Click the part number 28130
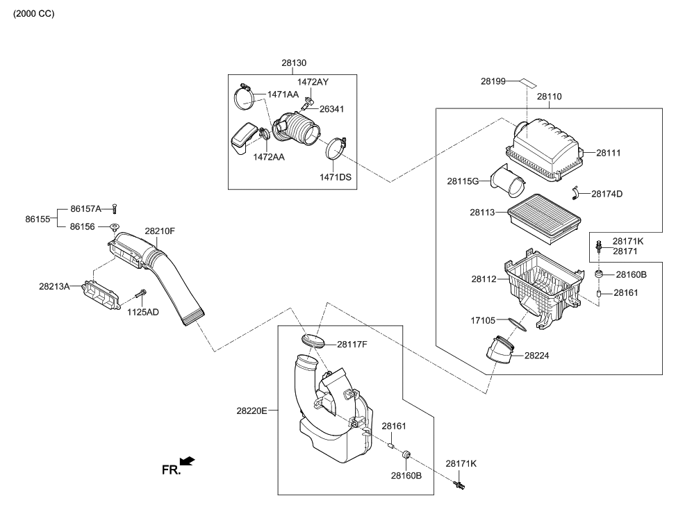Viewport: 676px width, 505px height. coord(294,63)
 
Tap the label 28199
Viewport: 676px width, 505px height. coord(493,81)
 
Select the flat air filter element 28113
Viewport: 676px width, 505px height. coord(544,218)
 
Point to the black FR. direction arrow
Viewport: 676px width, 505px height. coord(187,461)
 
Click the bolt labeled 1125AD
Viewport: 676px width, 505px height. coord(140,294)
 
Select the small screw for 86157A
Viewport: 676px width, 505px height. coord(114,209)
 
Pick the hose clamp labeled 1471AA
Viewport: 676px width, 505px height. coord(245,96)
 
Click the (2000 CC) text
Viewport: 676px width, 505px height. coord(33,14)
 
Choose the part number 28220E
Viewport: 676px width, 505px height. coord(252,411)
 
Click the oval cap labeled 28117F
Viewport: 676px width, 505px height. coord(314,341)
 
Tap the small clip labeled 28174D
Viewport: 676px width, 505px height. coord(575,192)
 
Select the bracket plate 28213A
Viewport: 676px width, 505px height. coord(101,295)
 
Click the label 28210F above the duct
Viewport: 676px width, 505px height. coord(160,231)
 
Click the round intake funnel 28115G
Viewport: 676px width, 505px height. coord(508,181)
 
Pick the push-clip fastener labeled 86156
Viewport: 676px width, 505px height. coord(114,226)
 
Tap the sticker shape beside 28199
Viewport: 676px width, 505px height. coord(527,81)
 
